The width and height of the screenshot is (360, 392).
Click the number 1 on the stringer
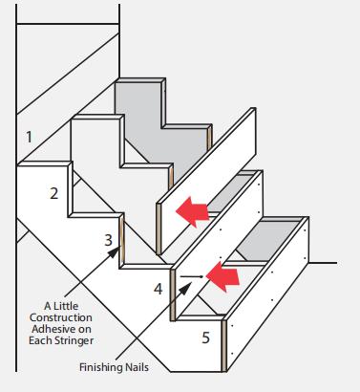coord(30,137)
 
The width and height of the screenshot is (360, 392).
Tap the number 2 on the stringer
coord(54,193)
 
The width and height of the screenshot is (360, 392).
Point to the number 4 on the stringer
coord(158,288)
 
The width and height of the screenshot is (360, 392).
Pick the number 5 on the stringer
coord(204,338)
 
